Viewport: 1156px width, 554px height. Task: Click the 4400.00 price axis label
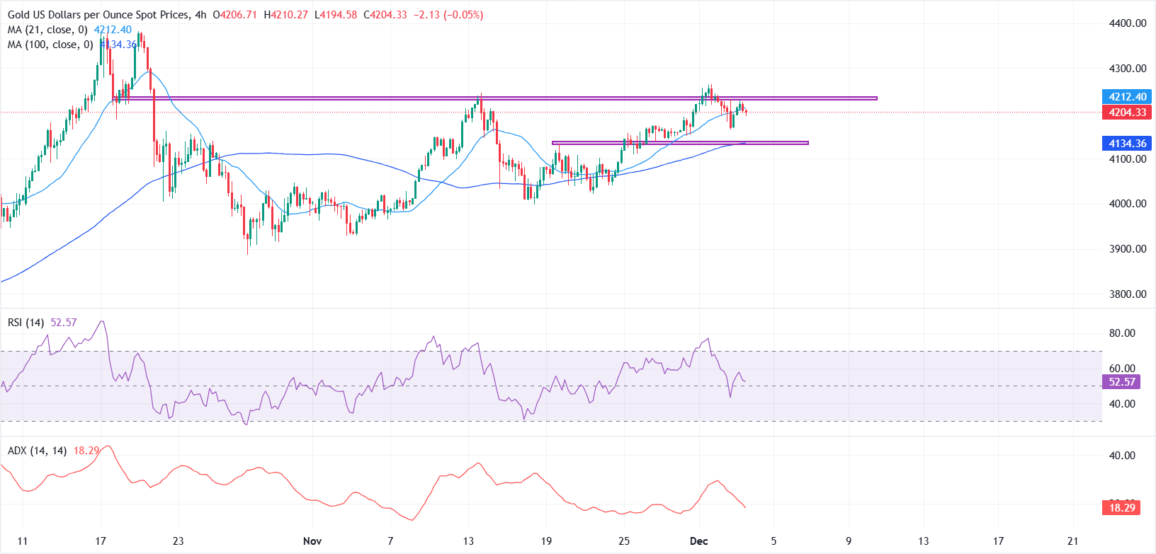[1128, 23]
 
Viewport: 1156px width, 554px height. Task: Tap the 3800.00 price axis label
[1128, 294]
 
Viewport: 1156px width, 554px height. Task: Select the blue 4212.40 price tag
[1128, 97]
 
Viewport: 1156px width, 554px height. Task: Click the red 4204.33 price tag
[1128, 112]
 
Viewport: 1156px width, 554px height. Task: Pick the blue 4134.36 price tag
[1128, 144]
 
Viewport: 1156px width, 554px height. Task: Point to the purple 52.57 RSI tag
[1122, 382]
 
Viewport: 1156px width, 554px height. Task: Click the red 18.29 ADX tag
[1122, 507]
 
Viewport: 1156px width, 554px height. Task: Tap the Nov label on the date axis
[312, 541]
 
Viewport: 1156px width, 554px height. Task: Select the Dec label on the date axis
[699, 541]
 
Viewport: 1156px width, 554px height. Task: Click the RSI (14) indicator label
[25, 323]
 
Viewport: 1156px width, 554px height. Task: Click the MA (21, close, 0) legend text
[47, 30]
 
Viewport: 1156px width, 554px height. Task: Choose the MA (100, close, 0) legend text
[50, 45]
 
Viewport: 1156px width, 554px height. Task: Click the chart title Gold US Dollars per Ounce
[98, 15]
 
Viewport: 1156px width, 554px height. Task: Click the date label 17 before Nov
[101, 541]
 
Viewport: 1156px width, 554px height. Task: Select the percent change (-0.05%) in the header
[463, 15]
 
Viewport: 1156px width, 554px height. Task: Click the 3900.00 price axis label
[1128, 249]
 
